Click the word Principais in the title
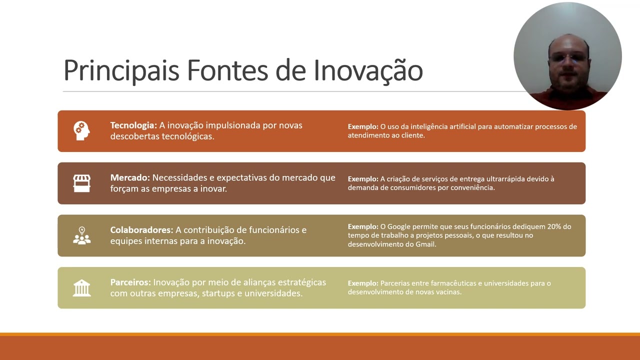tap(121, 70)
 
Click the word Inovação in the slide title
tap(368, 70)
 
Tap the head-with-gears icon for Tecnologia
tap(81, 130)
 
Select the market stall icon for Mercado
tap(81, 183)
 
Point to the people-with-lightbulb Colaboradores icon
tap(81, 235)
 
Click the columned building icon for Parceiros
tap(81, 288)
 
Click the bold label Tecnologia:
tap(133, 125)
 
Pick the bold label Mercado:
tap(130, 177)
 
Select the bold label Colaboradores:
tap(141, 230)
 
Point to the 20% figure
tap(554, 226)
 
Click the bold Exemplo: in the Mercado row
tap(363, 179)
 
